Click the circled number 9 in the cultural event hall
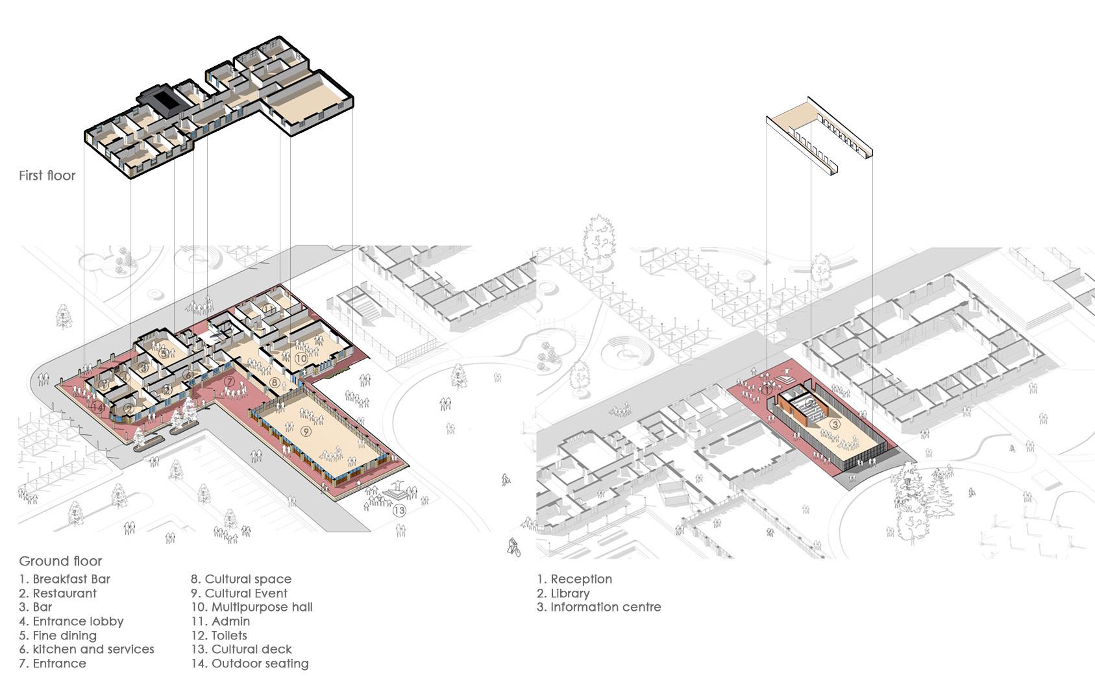306,431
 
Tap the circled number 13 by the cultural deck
399,510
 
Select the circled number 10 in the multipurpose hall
301,358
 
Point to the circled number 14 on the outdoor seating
97,407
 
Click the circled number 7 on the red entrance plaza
230,382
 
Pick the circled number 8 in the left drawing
275,383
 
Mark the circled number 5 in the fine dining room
164,354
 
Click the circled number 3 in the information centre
835,424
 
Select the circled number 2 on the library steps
809,404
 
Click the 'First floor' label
47,175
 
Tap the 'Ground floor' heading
60,561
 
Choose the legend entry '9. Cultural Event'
239,593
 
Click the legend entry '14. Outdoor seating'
249,663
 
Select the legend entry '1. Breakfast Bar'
64,579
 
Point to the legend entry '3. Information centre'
598,607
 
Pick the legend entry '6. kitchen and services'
86,649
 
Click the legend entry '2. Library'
563,593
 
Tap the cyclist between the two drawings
513,547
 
